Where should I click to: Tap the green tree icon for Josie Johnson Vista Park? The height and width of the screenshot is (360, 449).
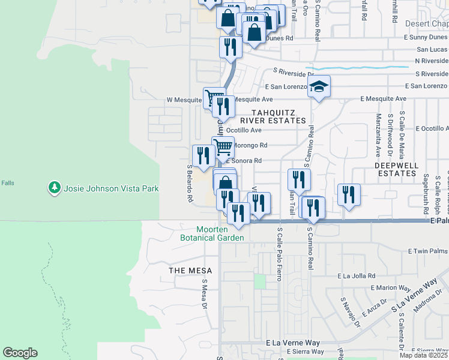tap(55, 188)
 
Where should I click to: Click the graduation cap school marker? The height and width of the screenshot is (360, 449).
tap(319, 87)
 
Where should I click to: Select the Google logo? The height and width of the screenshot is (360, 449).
tap(20, 353)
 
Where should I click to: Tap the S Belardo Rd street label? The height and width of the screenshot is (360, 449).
tap(190, 182)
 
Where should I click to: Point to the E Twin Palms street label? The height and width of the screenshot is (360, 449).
tap(427, 251)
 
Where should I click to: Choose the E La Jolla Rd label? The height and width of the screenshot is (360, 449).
tap(357, 276)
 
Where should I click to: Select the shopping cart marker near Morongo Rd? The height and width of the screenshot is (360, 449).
tap(223, 146)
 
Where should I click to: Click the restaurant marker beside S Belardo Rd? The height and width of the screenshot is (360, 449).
tap(202, 156)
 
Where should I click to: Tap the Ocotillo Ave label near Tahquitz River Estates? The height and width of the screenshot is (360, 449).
tap(247, 130)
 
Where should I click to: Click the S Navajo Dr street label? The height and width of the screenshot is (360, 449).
tap(349, 309)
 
